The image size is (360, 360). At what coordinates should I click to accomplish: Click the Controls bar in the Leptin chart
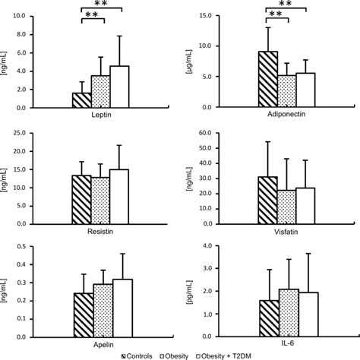click(81, 99)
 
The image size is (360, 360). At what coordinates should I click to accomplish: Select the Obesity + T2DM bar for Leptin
click(119, 87)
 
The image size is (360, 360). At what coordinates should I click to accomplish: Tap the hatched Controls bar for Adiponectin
click(267, 79)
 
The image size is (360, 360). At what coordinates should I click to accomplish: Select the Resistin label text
click(100, 225)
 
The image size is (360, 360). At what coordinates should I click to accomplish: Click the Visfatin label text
click(286, 225)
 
